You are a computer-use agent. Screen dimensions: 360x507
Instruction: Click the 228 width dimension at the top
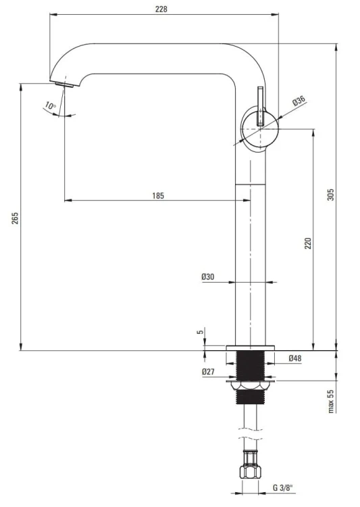pyautogui.click(x=161, y=9)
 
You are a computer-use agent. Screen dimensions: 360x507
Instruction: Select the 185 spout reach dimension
pyautogui.click(x=158, y=195)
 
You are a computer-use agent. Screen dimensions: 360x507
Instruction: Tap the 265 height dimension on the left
pyautogui.click(x=15, y=218)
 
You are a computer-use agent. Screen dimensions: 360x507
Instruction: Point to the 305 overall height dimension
pyautogui.click(x=330, y=194)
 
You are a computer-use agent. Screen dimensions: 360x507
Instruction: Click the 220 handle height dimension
pyautogui.click(x=308, y=243)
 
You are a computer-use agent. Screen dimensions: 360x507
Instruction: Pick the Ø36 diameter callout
pyautogui.click(x=299, y=101)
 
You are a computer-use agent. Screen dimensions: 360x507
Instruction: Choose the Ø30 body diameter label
pyautogui.click(x=208, y=276)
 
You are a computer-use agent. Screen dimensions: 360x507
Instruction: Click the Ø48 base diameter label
pyautogui.click(x=295, y=358)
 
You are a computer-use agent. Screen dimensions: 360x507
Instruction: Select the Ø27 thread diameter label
pyautogui.click(x=208, y=372)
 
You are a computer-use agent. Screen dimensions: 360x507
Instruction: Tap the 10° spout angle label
pyautogui.click(x=51, y=105)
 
